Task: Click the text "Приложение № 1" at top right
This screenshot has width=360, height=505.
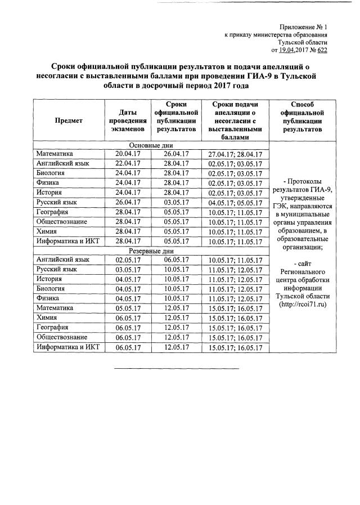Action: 303,27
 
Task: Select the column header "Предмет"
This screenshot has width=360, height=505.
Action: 69,120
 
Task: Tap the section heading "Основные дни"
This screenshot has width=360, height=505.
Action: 152,145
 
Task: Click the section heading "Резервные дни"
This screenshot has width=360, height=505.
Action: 152,251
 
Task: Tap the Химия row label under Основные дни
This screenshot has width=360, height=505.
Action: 46,231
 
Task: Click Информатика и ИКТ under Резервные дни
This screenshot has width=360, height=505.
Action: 67,347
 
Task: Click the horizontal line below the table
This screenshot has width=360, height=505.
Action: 177,369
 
